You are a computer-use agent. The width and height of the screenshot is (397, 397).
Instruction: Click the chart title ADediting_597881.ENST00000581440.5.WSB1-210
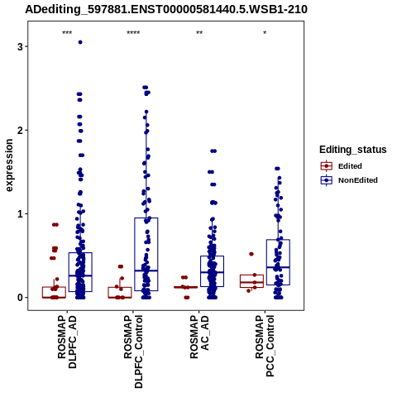pos(166,10)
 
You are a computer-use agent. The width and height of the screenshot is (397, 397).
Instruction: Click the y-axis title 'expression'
pos(9,165)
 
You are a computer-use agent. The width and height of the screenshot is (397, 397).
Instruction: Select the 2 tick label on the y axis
pos(20,130)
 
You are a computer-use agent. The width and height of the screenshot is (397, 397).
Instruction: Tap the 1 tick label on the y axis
pos(20,214)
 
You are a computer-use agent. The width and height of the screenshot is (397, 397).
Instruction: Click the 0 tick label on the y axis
pos(20,298)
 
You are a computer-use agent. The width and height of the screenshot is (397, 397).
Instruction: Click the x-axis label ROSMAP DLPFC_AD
pos(67,342)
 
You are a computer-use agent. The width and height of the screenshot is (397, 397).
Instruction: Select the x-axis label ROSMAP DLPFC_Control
pos(133,352)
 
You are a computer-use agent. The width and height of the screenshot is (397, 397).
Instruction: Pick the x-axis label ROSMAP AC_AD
pos(199,337)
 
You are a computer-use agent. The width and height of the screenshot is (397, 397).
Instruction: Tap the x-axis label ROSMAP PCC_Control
pos(265,346)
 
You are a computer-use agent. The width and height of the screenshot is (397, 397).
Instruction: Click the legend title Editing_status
pos(353,150)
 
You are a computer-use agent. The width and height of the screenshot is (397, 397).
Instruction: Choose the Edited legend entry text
pos(350,166)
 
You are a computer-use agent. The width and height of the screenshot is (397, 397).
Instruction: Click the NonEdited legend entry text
pos(358,180)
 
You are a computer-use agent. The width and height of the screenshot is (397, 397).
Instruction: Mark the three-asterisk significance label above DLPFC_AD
pos(67,33)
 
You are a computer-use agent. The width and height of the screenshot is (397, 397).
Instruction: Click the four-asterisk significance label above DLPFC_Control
pos(133,33)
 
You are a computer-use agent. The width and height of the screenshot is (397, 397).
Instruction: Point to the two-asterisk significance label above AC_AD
pos(199,33)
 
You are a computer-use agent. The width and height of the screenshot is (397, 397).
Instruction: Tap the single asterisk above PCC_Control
pos(265,33)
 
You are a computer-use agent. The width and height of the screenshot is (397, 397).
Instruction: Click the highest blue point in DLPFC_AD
pos(80,42)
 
